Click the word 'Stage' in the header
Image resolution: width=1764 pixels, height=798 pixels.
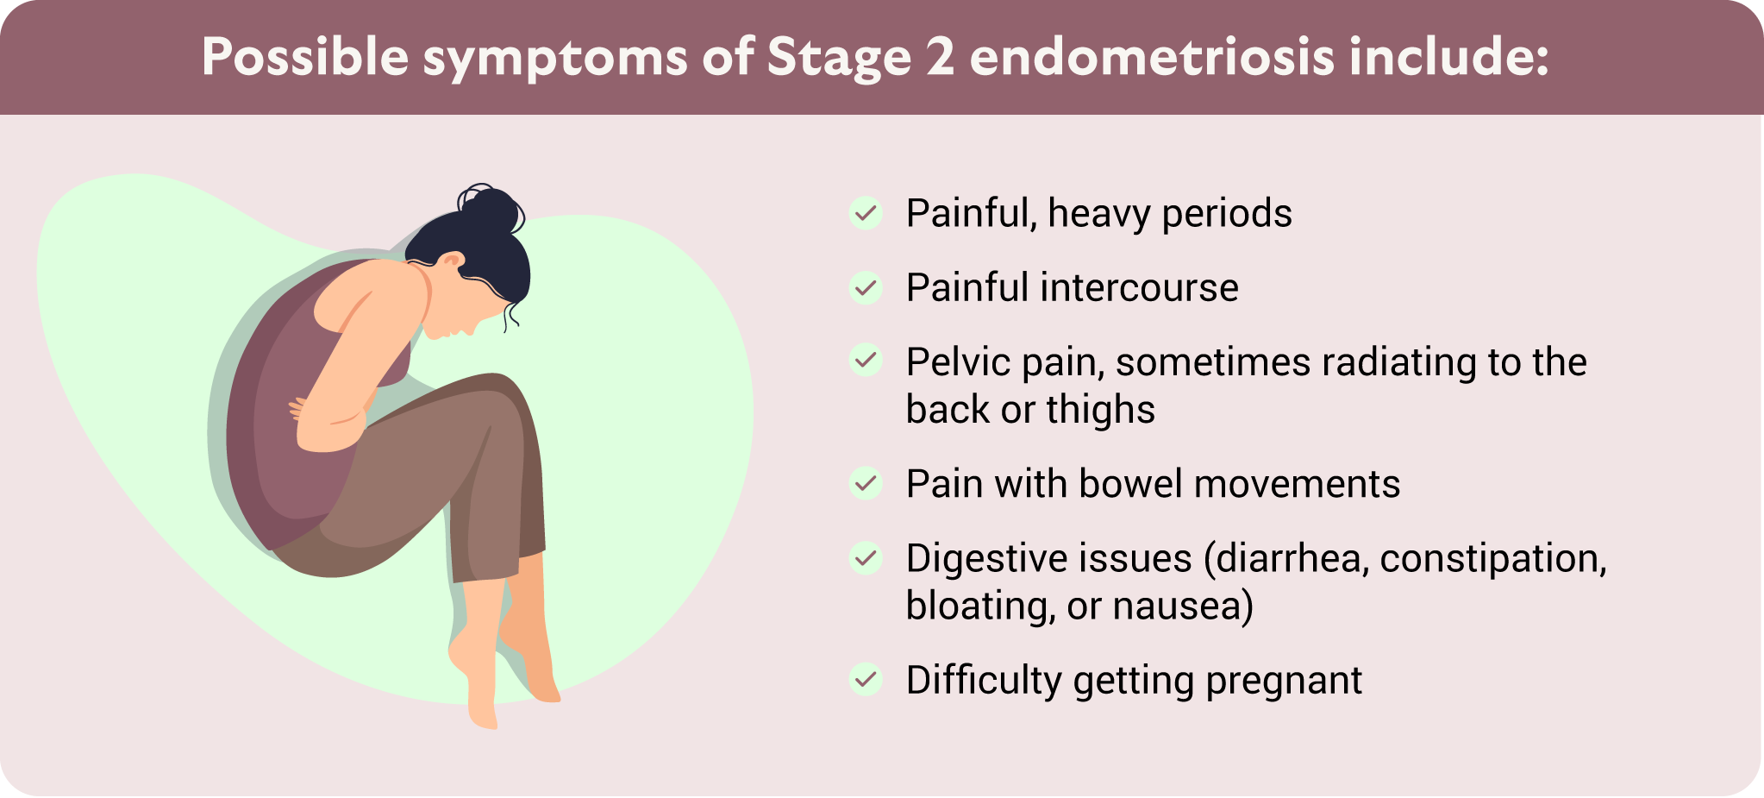[x=839, y=59]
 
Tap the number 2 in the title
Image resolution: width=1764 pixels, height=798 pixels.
[x=941, y=57]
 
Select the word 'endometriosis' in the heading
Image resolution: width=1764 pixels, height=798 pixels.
[x=1152, y=56]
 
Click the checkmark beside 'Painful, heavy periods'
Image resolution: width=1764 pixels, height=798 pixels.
[x=866, y=213]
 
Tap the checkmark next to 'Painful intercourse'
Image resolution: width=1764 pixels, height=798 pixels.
[x=866, y=287]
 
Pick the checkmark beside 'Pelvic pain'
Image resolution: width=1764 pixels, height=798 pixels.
[x=866, y=360]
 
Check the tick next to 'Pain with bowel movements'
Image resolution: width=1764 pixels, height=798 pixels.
[x=866, y=483]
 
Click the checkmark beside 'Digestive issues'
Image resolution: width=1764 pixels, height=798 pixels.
[x=866, y=558]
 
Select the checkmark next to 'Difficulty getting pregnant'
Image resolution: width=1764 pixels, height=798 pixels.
[x=866, y=680]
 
